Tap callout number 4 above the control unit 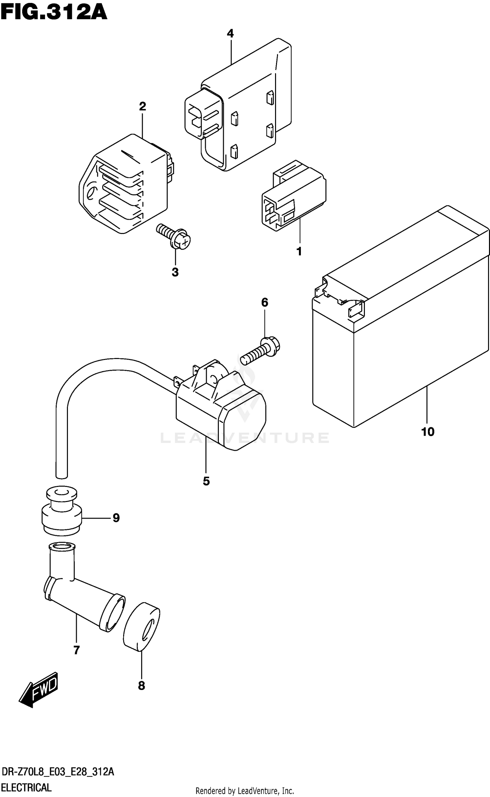click(230, 33)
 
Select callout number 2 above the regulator click(142, 106)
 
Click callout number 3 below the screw click(175, 272)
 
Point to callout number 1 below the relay click(299, 252)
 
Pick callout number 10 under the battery click(428, 432)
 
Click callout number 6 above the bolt click(265, 303)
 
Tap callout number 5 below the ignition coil click(206, 481)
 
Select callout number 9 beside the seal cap click(116, 518)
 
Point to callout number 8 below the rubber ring click(141, 686)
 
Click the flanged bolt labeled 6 click(261, 351)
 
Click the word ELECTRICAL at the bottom click(26, 787)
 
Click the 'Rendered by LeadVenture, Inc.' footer click(245, 791)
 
